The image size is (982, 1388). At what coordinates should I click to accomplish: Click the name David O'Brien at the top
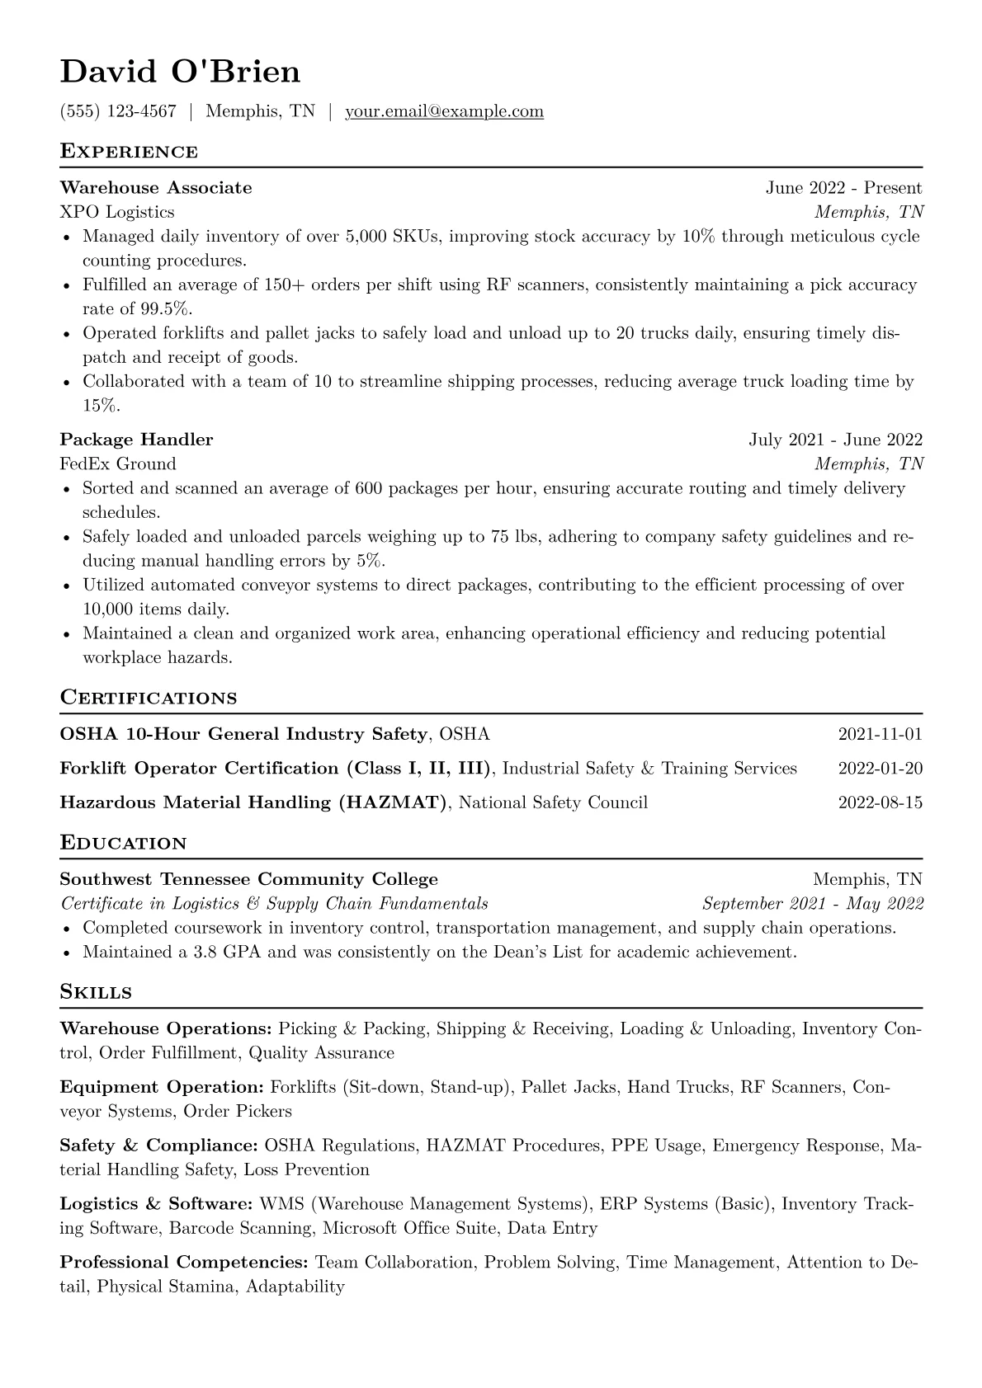[180, 73]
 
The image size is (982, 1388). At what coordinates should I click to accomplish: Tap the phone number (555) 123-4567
[118, 111]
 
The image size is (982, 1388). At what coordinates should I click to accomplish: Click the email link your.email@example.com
[444, 111]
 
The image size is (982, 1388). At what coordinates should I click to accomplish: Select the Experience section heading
[129, 152]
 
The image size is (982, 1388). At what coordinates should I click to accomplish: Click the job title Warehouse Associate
[156, 188]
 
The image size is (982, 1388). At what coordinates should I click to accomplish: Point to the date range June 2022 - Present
[843, 188]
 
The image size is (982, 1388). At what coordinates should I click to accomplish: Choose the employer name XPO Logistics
[117, 212]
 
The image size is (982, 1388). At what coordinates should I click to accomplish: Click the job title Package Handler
[136, 440]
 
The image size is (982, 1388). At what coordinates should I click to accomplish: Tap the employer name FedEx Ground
[118, 463]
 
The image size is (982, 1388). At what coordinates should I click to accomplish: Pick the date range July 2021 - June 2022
[835, 440]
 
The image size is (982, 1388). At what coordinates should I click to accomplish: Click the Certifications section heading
[149, 698]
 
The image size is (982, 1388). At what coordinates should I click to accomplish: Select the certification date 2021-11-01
[880, 734]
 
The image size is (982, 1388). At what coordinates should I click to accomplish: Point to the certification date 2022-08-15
[880, 802]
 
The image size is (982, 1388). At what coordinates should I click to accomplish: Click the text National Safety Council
[553, 802]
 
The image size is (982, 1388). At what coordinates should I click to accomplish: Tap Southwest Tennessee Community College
[248, 879]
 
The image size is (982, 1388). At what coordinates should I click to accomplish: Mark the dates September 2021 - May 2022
[812, 903]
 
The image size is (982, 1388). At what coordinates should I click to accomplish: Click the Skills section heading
[96, 992]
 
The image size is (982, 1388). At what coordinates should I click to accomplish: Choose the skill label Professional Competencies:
[184, 1262]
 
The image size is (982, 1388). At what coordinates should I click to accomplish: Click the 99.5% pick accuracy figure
[166, 309]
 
